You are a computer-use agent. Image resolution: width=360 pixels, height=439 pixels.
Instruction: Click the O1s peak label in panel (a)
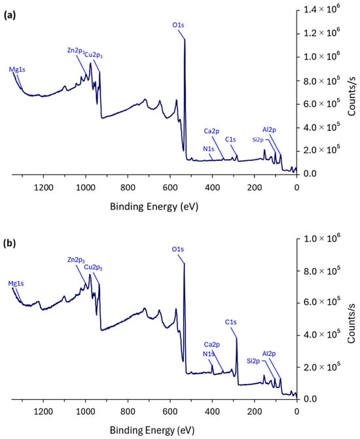(x=178, y=25)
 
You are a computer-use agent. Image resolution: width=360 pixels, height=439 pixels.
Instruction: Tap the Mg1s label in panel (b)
(x=16, y=283)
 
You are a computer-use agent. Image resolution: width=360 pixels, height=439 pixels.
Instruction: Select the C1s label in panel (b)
(x=230, y=322)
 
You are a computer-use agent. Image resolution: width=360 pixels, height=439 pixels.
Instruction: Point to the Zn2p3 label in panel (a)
(x=76, y=50)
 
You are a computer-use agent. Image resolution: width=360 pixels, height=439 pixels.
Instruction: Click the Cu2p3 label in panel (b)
(x=94, y=268)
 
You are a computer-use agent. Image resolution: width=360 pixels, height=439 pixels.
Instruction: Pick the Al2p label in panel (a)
(x=269, y=130)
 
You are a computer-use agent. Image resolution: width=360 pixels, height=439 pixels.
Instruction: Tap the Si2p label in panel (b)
(x=253, y=361)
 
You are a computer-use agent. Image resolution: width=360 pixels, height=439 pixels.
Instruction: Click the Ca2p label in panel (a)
(x=211, y=131)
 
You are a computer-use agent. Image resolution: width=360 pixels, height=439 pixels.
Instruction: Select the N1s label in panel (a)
(x=209, y=149)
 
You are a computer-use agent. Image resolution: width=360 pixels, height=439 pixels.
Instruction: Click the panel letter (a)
(x=10, y=16)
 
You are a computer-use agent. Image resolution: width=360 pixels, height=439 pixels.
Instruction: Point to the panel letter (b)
(x=10, y=243)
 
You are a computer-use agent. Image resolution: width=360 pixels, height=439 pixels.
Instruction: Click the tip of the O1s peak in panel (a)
(x=185, y=39)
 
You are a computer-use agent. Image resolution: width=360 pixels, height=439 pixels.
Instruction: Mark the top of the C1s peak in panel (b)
(x=237, y=338)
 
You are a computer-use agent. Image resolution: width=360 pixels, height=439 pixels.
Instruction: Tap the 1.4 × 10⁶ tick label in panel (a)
(x=322, y=10)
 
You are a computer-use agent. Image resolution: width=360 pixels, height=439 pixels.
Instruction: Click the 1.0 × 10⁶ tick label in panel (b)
(x=322, y=238)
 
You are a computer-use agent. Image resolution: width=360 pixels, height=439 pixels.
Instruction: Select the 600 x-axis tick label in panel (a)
(x=170, y=187)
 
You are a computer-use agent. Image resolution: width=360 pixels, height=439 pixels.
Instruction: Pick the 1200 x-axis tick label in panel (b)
(x=43, y=412)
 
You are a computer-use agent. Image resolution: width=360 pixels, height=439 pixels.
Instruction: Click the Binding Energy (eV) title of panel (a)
(x=154, y=207)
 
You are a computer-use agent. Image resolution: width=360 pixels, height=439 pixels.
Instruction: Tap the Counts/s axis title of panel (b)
(x=351, y=323)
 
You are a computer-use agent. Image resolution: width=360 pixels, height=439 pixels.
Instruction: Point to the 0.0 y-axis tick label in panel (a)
(x=310, y=173)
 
